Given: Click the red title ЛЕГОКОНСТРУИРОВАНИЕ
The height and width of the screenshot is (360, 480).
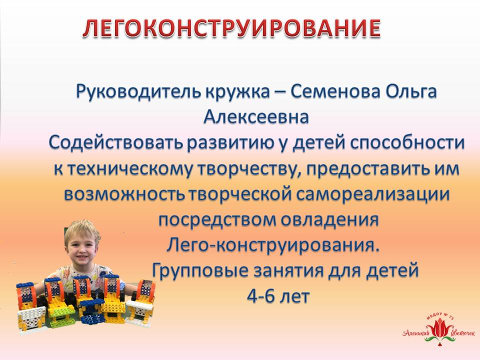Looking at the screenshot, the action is coord(231,28).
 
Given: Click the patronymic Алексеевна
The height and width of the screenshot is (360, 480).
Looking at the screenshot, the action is coord(256,117).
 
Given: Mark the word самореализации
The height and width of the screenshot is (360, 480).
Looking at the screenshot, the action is coord(372,194).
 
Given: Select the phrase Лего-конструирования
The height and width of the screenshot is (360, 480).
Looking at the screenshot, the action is coord(273,245).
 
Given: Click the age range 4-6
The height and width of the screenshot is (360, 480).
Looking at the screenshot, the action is coord(260,296).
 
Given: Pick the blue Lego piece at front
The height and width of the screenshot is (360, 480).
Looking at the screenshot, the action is coord(92,319).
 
